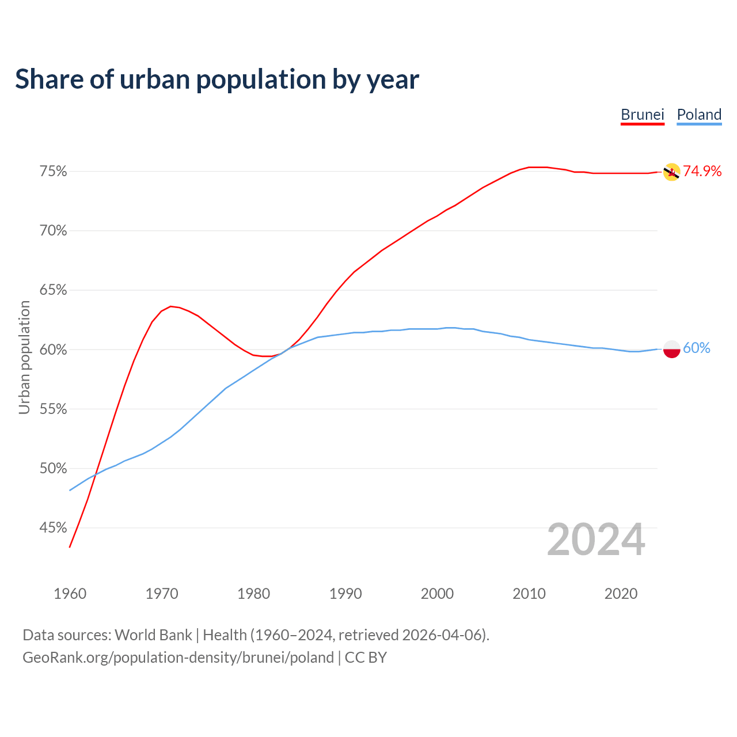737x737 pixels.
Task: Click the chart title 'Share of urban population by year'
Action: point(217,79)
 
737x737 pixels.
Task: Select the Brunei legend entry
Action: point(642,115)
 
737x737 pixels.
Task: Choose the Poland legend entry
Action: point(699,115)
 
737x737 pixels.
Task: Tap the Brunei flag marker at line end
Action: point(671,172)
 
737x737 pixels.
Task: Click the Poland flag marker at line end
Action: point(671,349)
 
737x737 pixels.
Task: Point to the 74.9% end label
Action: point(702,171)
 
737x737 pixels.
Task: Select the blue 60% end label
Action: point(697,348)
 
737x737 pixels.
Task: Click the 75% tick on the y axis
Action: point(54,172)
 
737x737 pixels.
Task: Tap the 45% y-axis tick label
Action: point(54,527)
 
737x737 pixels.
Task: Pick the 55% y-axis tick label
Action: point(54,409)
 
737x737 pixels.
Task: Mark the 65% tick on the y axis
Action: point(54,290)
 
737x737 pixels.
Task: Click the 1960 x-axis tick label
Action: point(70,594)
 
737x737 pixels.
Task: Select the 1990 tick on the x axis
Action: point(345,594)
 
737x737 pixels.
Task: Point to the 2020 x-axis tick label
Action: point(621,594)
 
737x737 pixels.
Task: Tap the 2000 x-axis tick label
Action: point(437,594)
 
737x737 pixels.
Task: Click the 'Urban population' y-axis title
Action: point(24,357)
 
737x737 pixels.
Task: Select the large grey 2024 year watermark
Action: point(596,540)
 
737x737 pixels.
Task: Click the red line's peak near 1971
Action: point(170,306)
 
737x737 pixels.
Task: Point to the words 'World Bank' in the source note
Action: point(153,635)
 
